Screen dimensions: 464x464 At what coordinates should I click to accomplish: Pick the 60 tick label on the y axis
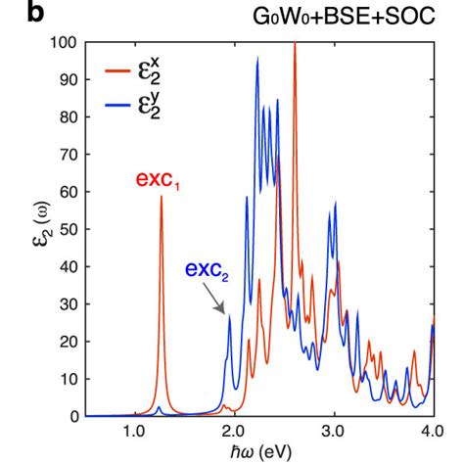coord(69,192)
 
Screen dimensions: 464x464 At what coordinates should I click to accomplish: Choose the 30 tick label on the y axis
coord(69,304)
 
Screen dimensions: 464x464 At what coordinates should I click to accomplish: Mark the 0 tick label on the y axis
coord(73,417)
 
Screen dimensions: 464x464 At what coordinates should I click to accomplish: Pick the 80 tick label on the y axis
coord(69,117)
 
